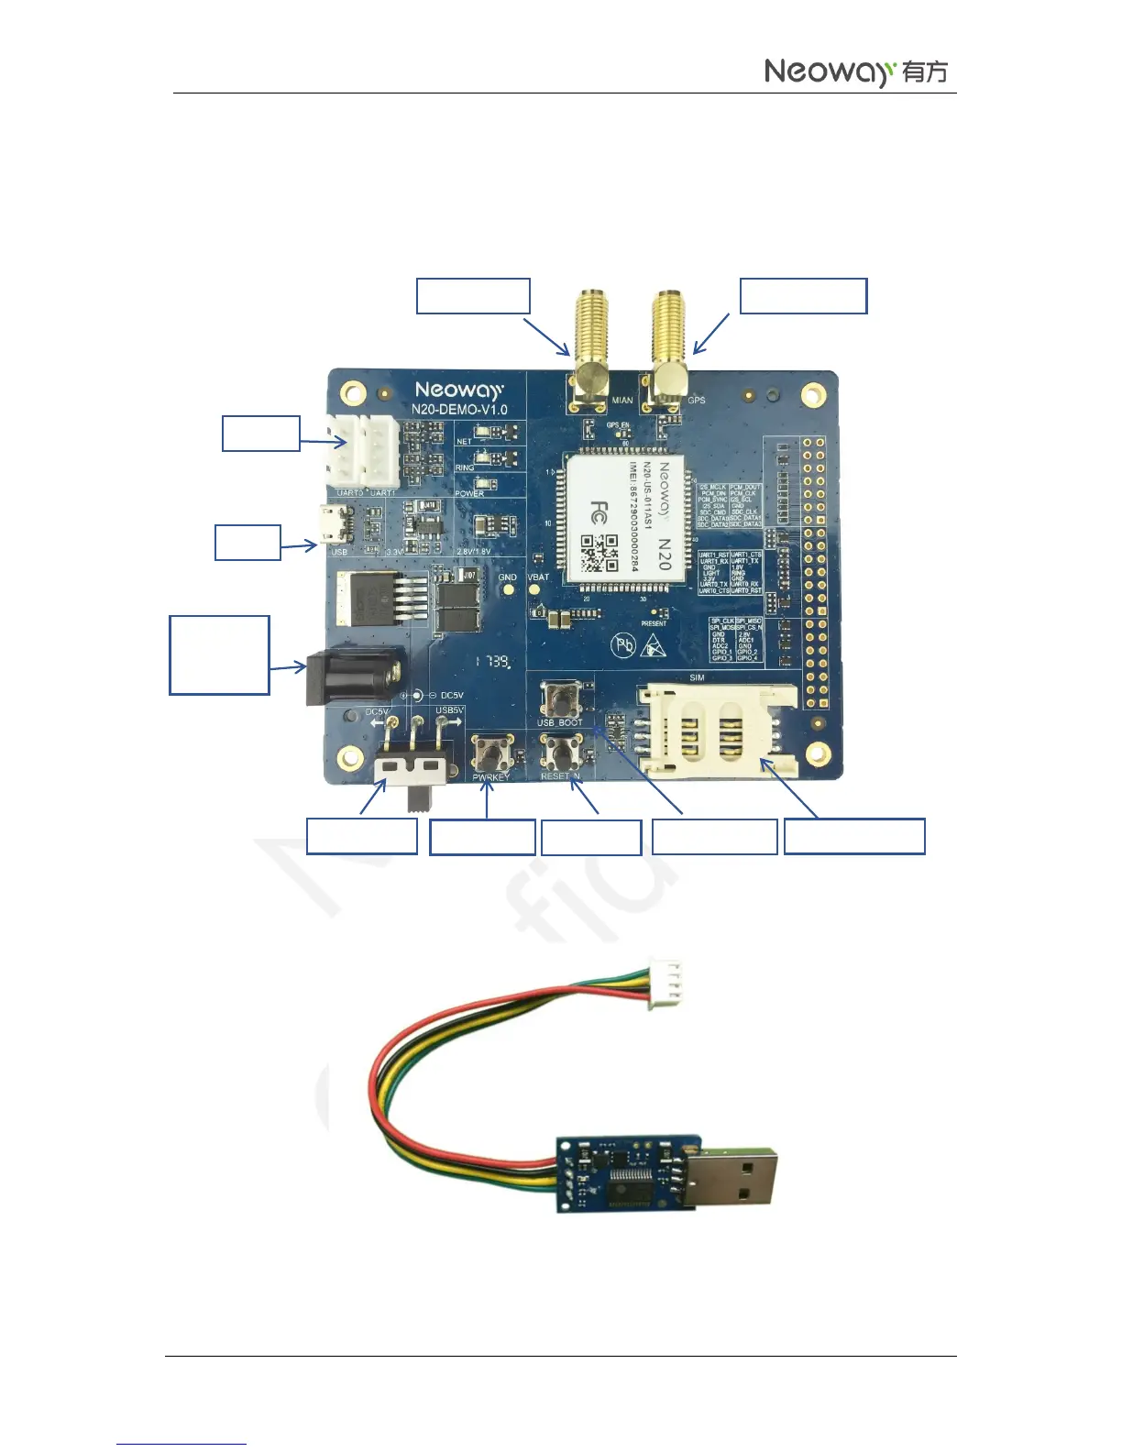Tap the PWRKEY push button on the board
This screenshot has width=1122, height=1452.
492,755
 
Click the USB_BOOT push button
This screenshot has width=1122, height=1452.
559,700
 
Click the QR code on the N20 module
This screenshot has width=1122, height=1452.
599,553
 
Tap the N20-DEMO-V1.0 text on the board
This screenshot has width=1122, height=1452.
459,409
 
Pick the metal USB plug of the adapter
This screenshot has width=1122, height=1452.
741,1174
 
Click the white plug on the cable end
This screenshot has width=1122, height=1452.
665,984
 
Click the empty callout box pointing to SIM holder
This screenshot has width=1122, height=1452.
854,836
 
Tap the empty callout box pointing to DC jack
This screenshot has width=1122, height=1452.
219,654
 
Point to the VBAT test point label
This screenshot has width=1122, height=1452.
538,577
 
